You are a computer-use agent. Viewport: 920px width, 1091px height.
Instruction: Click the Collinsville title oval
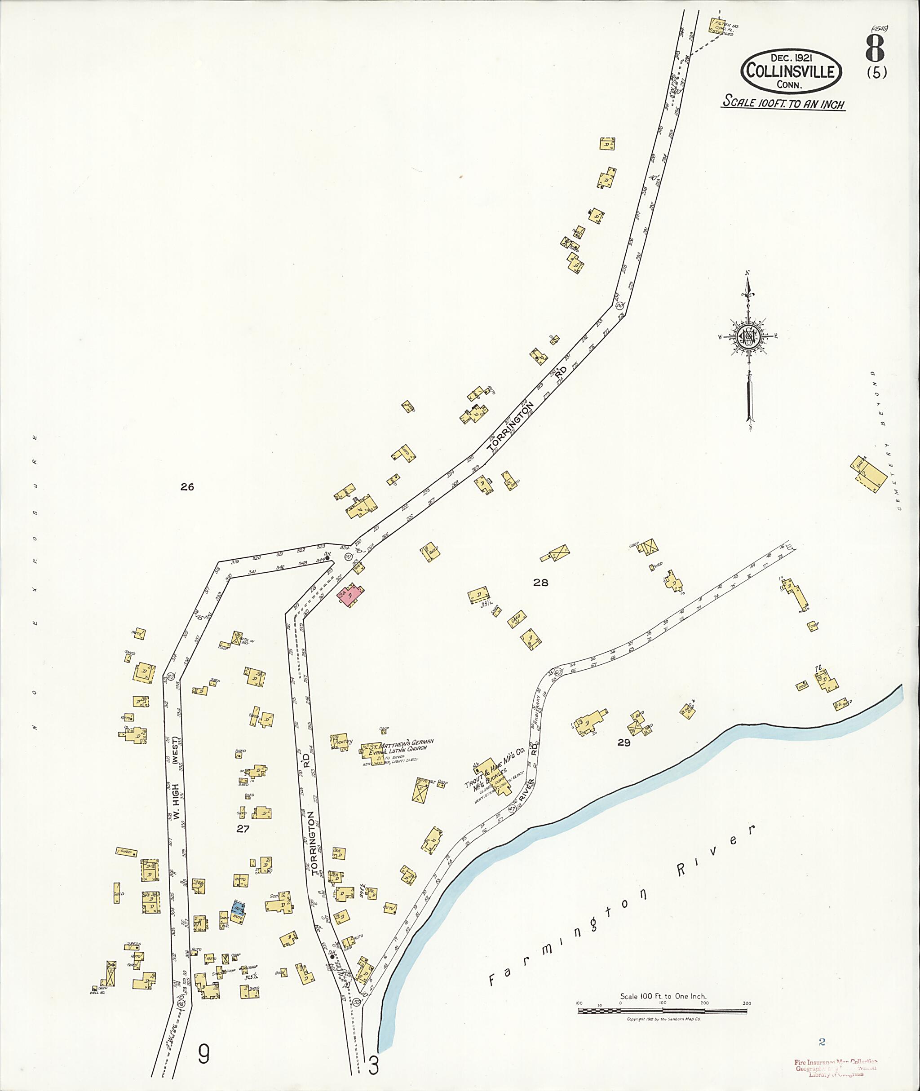coord(791,71)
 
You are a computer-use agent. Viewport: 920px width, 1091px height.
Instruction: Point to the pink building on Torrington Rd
coord(351,595)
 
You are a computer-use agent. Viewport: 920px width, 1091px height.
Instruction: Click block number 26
coord(187,487)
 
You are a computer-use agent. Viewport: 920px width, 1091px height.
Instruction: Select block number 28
coord(541,583)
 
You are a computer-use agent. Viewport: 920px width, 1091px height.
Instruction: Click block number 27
coord(243,829)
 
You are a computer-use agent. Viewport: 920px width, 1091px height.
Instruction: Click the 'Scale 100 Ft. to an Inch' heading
coord(783,103)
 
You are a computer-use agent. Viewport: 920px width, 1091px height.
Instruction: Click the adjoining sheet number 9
coord(203,1055)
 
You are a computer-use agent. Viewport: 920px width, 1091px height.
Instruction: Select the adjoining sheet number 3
coord(373,1066)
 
